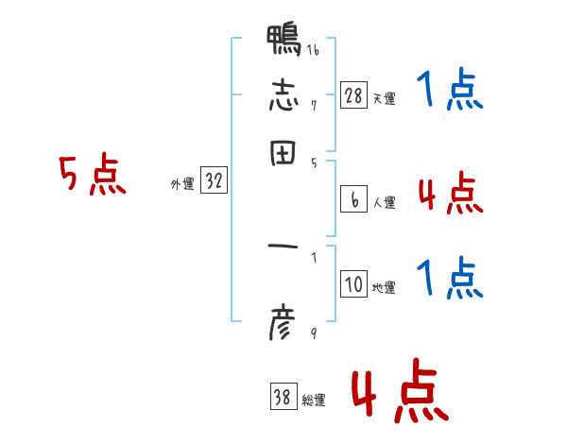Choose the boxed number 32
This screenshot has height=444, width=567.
214,182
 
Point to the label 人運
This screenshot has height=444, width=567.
385,202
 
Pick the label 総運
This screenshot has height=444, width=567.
313,401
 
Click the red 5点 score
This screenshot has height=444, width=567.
92,177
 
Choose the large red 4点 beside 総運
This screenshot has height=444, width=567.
397,392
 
